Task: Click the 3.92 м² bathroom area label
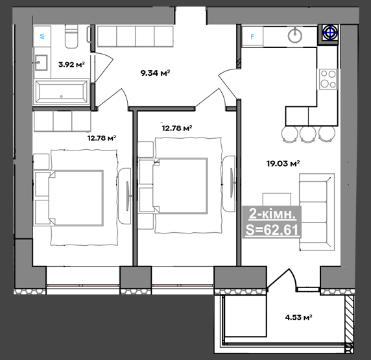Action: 71,64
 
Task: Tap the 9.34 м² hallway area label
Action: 156,73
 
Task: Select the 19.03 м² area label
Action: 283,163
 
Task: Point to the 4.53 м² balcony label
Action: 298,317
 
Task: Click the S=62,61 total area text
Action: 272,230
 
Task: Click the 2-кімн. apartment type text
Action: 272,215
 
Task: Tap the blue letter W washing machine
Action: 42,36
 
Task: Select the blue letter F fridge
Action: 252,37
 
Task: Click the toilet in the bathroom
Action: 71,37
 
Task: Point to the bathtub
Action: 61,92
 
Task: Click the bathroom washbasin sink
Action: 41,62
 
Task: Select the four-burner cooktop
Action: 328,79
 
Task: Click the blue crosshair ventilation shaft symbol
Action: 329,32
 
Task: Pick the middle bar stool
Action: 308,134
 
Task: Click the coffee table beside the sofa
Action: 277,200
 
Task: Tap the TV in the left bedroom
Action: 128,196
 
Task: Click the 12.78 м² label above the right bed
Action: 177,128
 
